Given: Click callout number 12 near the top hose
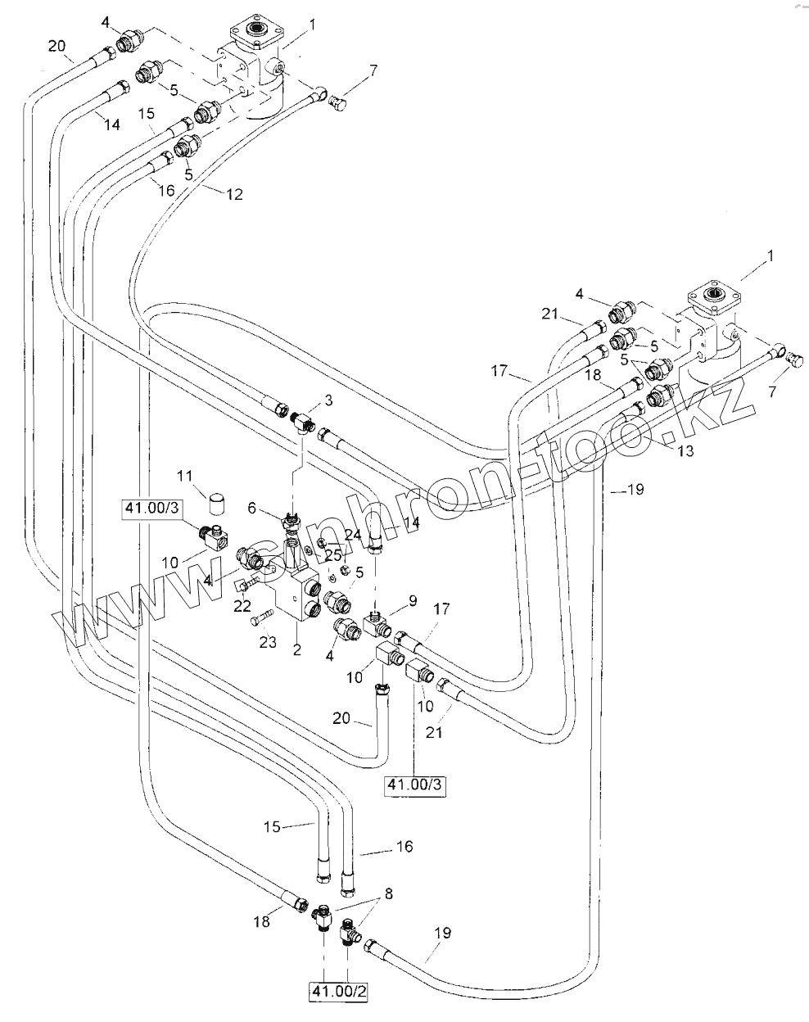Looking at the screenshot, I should (234, 195).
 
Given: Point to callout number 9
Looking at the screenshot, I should (413, 600).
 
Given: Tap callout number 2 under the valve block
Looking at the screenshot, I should (297, 651).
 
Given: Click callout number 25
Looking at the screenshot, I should (334, 554).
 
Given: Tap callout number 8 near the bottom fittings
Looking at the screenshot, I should (388, 894).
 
